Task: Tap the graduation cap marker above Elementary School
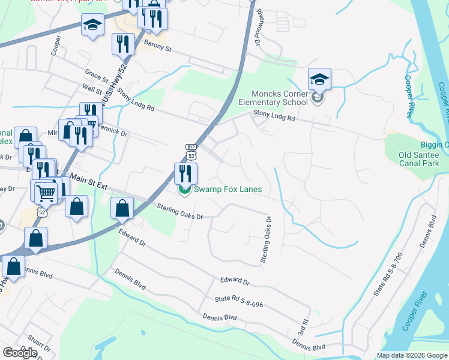click(x=320, y=79)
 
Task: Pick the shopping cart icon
click(x=46, y=193)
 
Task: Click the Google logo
click(x=20, y=353)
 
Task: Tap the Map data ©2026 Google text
click(x=411, y=355)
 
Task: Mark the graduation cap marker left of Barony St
click(x=92, y=26)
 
